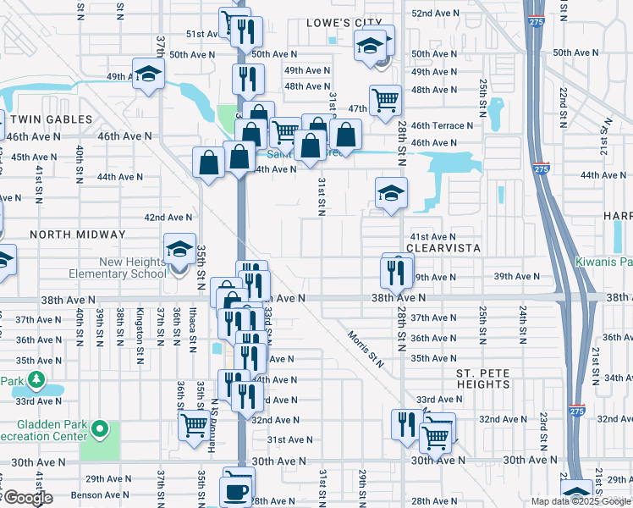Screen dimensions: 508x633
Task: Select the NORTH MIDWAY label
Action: pyautogui.click(x=77, y=234)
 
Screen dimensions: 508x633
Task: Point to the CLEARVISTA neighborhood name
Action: pyautogui.click(x=443, y=249)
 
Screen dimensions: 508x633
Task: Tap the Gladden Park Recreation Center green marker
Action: pyautogui.click(x=100, y=429)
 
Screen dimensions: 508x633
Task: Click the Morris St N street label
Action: pyautogui.click(x=365, y=348)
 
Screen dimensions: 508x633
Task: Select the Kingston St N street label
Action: pyautogui.click(x=140, y=327)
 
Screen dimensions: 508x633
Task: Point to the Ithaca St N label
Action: pyautogui.click(x=194, y=327)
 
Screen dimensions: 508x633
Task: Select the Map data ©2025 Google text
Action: pyautogui.click(x=580, y=501)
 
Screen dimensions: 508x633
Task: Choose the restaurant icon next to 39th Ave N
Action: pyautogui.click(x=397, y=272)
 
